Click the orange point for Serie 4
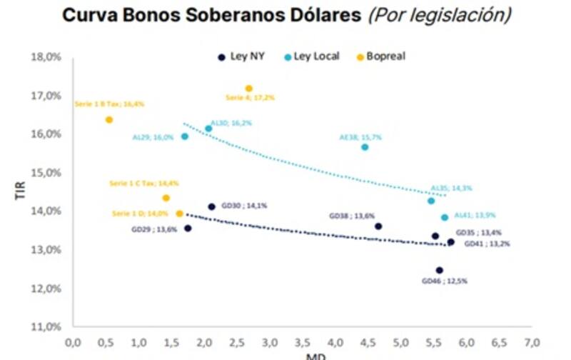click(249, 89)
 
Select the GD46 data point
click(440, 270)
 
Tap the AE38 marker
click(365, 147)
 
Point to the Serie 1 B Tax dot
click(109, 119)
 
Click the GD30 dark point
click(211, 206)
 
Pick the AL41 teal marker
click(445, 217)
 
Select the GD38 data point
click(378, 226)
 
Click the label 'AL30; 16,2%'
click(231, 123)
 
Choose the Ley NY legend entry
click(246, 56)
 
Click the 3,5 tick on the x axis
click(302, 343)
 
